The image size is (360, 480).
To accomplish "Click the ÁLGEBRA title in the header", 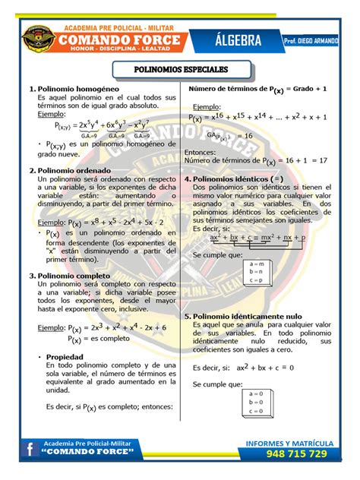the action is [x=233, y=39].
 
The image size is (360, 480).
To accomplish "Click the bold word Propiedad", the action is [x=65, y=356].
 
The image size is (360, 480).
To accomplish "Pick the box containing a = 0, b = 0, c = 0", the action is [x=255, y=402].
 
